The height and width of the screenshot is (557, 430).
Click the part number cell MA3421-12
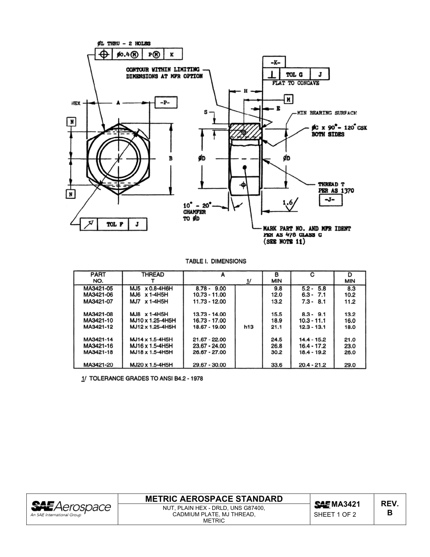tap(98, 327)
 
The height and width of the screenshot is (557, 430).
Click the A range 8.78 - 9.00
tap(210, 288)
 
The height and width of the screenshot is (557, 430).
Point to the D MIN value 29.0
tap(350, 365)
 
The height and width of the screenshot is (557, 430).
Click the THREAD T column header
tap(153, 277)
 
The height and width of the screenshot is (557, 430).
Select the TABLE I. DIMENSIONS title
tap(216, 261)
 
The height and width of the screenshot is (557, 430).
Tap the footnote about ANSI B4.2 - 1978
tap(142, 379)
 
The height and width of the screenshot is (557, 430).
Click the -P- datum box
tap(166, 103)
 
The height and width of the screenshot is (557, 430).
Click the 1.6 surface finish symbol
tap(289, 205)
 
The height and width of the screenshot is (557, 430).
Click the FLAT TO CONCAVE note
tap(295, 83)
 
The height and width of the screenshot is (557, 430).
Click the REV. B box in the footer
tap(390, 508)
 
